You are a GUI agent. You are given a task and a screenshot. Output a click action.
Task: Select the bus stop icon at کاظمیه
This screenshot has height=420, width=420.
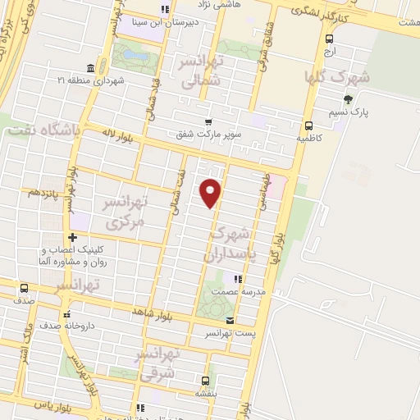click(308, 126)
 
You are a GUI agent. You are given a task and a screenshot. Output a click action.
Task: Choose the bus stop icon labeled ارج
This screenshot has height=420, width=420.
click(330, 38)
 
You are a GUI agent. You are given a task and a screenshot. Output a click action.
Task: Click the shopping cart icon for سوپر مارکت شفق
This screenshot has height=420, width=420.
click(208, 121)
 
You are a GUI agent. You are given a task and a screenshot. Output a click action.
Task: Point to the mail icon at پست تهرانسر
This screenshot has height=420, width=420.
click(230, 320)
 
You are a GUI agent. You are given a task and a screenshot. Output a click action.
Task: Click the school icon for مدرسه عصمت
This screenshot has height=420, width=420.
click(238, 280)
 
